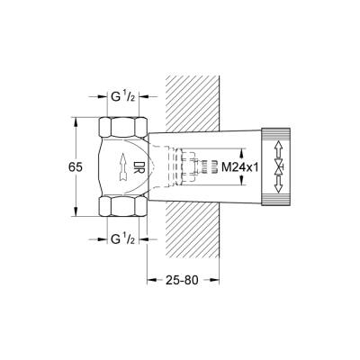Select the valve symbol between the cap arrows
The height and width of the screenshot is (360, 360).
point(278,166)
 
